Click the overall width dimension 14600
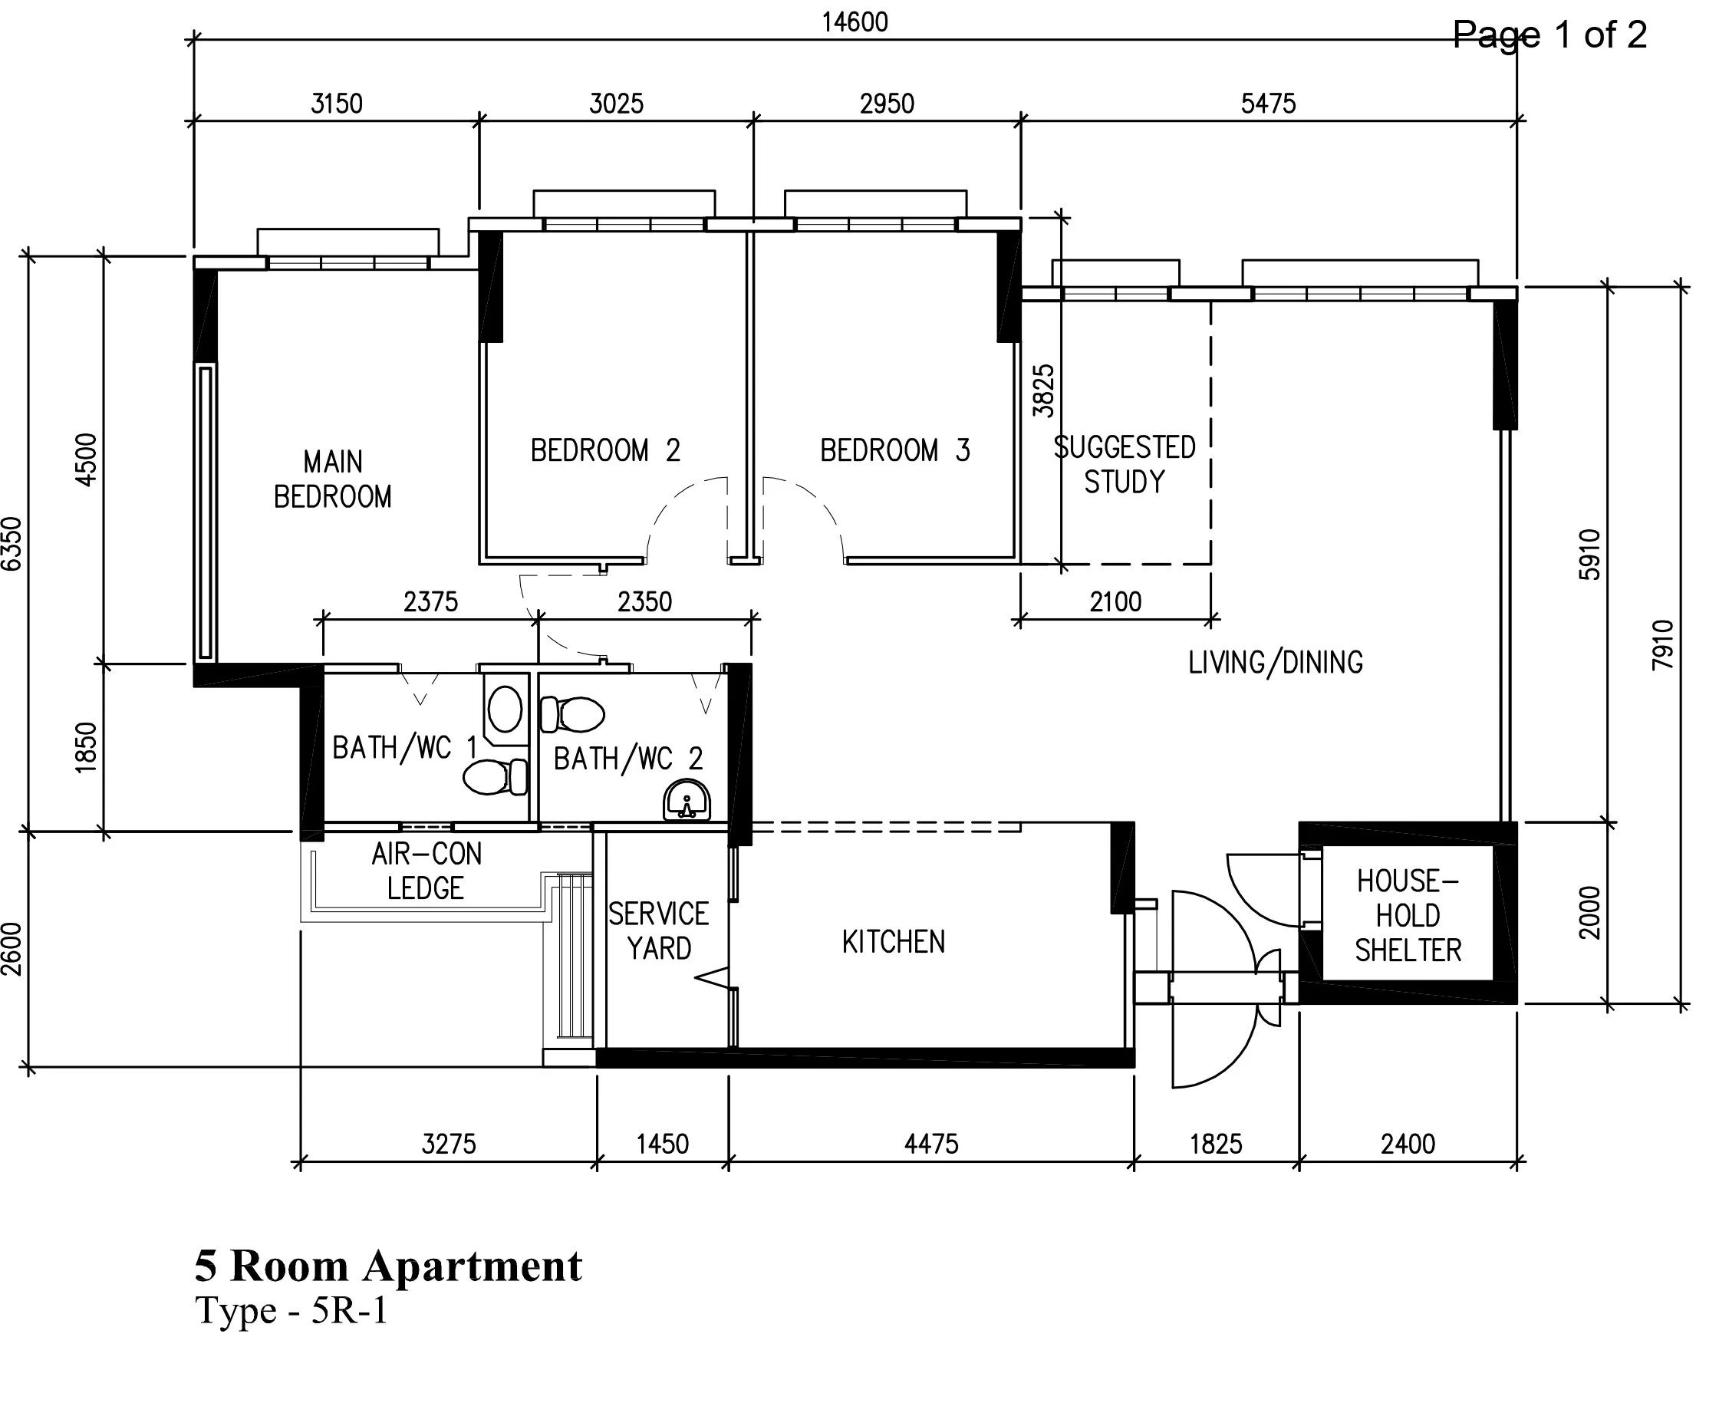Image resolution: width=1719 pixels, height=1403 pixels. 855,21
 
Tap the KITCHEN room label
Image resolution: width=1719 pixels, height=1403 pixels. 893,941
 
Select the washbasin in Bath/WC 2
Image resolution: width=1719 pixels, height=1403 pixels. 687,800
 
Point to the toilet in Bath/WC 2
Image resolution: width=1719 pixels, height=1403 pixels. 573,714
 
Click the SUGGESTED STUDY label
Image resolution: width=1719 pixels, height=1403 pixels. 1125,464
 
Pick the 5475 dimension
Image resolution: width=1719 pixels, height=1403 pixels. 1268,104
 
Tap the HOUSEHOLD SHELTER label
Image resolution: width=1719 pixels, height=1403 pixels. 1408,915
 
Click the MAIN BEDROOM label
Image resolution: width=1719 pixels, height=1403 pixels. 332,479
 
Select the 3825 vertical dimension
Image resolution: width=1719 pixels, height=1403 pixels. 1043,391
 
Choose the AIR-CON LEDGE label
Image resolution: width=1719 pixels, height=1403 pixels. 426,871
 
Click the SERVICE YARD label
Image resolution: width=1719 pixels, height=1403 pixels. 659,931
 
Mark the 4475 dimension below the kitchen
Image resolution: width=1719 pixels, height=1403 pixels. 931,1144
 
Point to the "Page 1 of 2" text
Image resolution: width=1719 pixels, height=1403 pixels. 1549,35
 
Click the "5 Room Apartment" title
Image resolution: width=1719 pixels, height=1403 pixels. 388,1265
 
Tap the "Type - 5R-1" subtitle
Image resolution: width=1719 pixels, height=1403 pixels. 291,1310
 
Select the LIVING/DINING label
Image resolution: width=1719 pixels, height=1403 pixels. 1276,663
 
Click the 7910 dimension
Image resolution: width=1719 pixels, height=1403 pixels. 1662,645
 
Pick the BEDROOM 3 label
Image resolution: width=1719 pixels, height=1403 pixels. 894,450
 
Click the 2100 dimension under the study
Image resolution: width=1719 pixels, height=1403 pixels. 1115,602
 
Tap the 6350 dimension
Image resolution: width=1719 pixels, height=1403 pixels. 12,544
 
